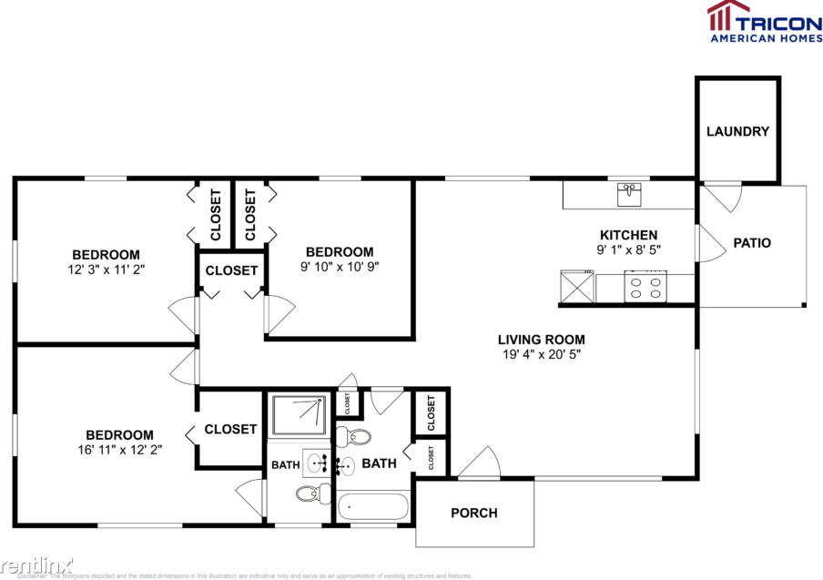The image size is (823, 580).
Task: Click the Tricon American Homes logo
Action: pos(764,21)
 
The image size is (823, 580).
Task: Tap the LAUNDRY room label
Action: pos(737,131)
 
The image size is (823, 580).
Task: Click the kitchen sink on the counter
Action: pos(629,194)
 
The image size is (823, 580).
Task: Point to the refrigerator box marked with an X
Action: pos(577,287)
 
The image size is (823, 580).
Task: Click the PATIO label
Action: pos(752,243)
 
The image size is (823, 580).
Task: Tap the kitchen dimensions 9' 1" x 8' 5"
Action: pos(627,249)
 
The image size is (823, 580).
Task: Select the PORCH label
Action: pos(474,513)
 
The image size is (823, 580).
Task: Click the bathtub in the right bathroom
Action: pos(374,506)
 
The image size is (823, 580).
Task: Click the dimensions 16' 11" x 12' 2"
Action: pos(119,449)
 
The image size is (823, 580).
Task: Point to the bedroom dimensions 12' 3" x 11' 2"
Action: pos(106,269)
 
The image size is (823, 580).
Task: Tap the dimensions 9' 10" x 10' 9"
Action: pos(340,267)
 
